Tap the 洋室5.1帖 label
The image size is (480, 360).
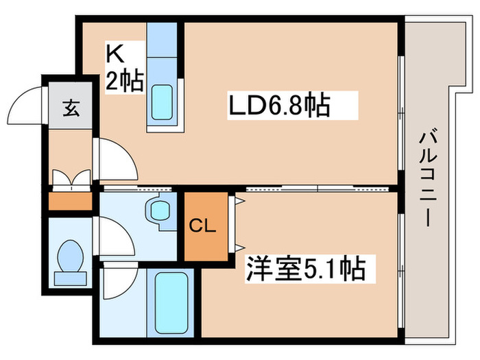(306, 268)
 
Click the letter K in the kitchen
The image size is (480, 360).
(114, 53)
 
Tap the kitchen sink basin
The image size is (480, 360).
(162, 101)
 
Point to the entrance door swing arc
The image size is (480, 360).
(27, 106)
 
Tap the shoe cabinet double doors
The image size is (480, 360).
(70, 179)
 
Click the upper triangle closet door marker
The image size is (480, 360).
(240, 200)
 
